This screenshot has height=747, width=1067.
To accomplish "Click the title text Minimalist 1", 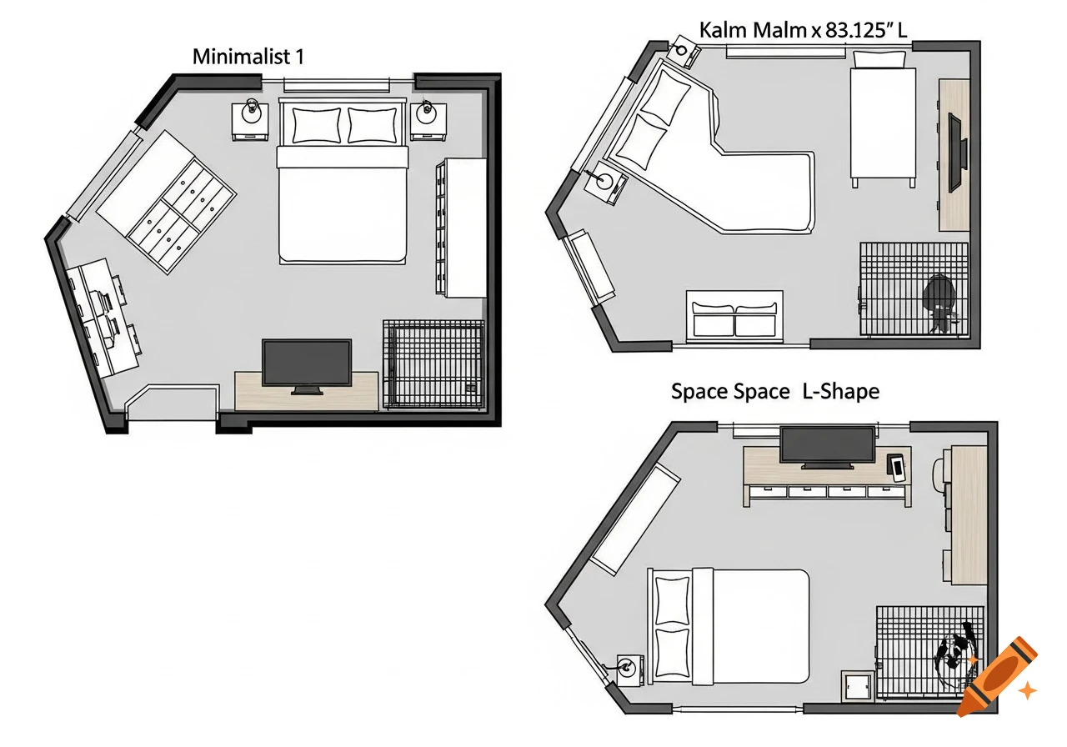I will (248, 58).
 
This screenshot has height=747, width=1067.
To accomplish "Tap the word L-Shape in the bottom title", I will (840, 391).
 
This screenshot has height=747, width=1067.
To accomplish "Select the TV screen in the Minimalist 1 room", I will (307, 363).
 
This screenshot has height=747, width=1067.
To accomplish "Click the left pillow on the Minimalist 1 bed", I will (316, 125).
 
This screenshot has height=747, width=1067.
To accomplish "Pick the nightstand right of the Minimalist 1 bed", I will (428, 122).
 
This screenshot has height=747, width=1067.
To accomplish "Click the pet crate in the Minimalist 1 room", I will (433, 364).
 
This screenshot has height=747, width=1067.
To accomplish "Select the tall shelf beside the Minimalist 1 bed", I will (462, 227).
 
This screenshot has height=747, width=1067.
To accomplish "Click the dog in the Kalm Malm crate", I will (940, 302).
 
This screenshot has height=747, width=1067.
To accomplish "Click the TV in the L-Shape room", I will (827, 447).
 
